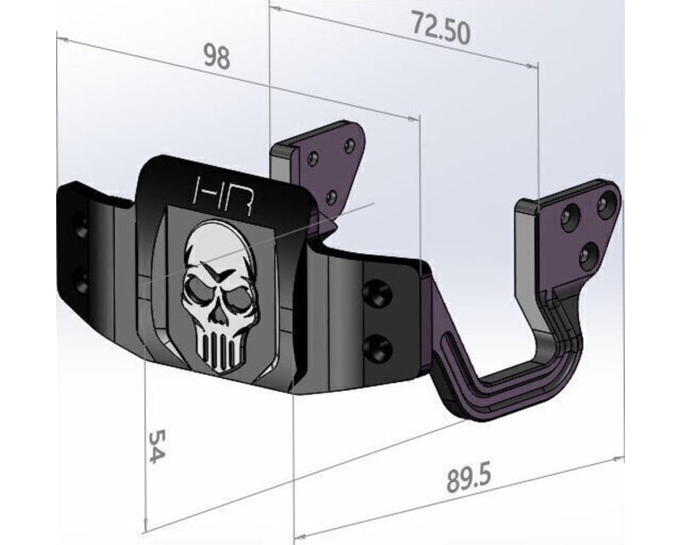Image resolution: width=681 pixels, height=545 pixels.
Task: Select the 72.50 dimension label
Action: tap(441, 29)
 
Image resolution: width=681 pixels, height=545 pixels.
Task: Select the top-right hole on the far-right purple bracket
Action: tap(606, 203)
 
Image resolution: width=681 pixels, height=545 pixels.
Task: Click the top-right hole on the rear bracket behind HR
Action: tap(349, 146)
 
